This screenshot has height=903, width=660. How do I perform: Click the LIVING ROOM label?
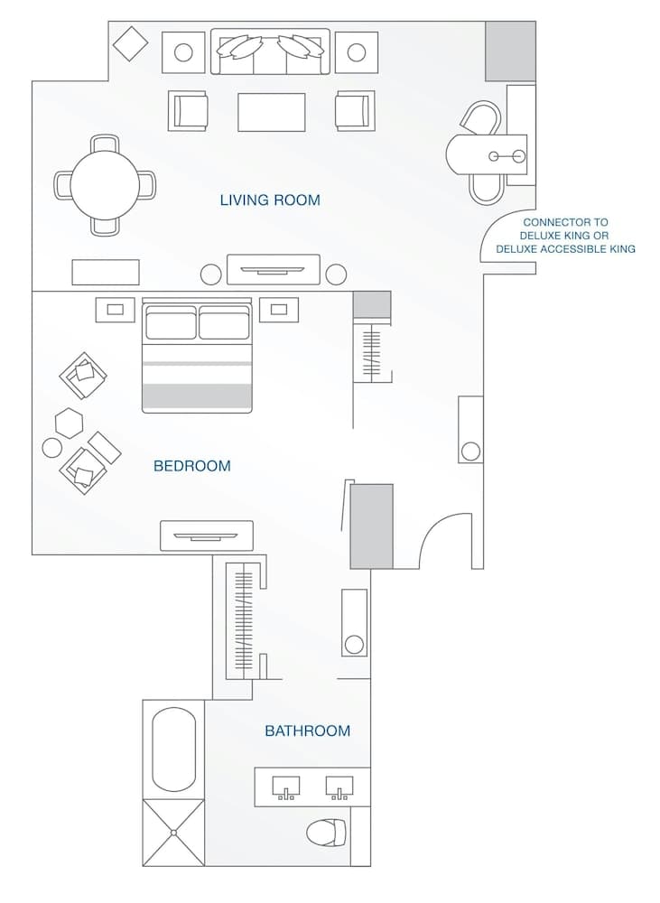[x=270, y=200]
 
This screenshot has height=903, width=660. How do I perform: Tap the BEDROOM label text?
[x=191, y=466]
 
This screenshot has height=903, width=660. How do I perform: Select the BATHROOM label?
[x=307, y=731]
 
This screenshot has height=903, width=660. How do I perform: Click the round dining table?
[x=105, y=184]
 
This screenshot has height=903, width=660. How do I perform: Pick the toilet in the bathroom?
[x=327, y=832]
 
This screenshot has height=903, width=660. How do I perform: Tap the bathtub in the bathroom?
[x=173, y=749]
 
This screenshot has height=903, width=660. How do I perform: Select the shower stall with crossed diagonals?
[x=173, y=832]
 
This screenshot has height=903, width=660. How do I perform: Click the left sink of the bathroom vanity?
[x=286, y=787]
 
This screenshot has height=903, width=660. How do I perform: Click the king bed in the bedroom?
[x=197, y=357]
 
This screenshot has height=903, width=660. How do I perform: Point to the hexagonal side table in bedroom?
[x=69, y=422]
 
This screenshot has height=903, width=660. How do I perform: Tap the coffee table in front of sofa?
[x=271, y=112]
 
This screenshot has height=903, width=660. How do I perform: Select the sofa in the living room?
[x=270, y=51]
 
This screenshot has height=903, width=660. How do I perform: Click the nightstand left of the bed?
[x=115, y=310]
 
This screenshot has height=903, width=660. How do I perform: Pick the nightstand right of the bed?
[x=278, y=310]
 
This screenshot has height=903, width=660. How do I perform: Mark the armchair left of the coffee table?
[x=188, y=111]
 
